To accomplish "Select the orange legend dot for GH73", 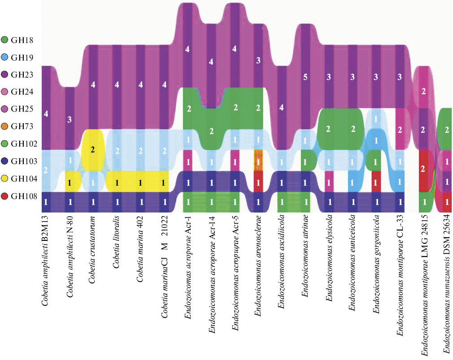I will (6, 127).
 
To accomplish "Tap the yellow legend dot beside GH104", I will (6, 179).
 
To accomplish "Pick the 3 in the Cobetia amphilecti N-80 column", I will (70, 119).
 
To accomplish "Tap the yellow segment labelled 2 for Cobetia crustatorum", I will (93, 149).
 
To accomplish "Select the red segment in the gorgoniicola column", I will (376, 182).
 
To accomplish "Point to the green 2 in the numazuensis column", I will (447, 130).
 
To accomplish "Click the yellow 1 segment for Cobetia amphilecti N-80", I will (70, 182).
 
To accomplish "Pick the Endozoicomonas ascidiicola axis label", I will (281, 266).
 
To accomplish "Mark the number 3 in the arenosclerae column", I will (258, 60).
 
